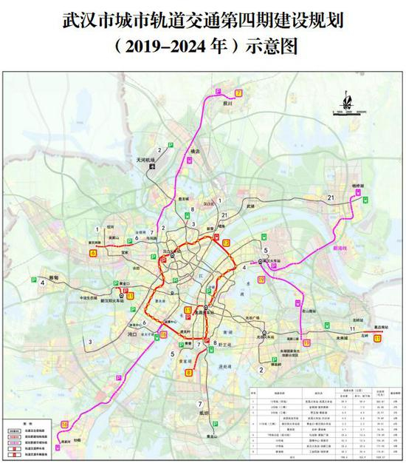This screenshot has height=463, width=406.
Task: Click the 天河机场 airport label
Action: [142, 160]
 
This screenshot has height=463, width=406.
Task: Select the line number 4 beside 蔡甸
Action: [32, 281]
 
